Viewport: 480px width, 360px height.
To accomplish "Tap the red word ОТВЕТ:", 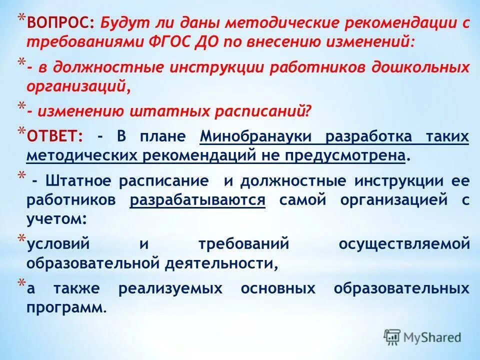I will tap(55, 136).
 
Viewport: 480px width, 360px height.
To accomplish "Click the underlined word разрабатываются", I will tap(197, 200).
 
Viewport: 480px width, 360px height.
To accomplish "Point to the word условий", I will tap(57, 244).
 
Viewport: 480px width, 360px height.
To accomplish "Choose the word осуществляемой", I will tap(404, 244).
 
